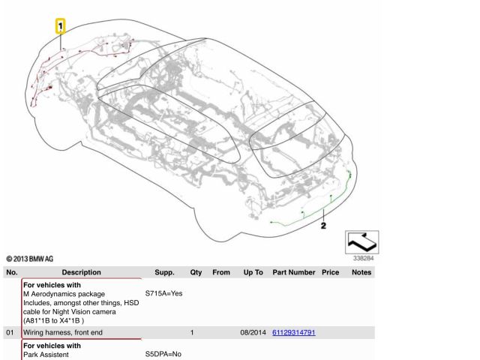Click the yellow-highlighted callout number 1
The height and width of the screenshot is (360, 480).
point(60,26)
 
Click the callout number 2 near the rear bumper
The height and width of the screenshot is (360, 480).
point(323,226)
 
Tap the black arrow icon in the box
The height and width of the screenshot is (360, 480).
point(361,242)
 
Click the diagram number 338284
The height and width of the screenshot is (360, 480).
point(363,258)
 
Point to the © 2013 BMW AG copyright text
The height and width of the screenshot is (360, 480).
point(30,259)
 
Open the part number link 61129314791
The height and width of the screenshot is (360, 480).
point(294,332)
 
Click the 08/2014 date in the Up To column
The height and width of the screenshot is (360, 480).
point(253,332)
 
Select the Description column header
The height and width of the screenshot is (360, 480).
point(82,272)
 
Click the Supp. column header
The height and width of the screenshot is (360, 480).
point(164,272)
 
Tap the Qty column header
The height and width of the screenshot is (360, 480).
point(196,272)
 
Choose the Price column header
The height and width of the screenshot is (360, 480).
point(330,272)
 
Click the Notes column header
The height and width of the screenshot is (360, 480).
point(361,272)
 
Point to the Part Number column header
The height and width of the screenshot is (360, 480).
point(294,272)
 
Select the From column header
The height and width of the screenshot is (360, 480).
point(221,272)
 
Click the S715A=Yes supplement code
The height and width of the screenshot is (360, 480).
point(163,293)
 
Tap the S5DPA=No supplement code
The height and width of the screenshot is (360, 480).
point(163,354)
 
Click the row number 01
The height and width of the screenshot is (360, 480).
point(10,332)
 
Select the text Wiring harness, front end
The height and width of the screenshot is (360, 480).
point(63,332)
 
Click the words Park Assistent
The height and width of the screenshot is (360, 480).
point(46,355)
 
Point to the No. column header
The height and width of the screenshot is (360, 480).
point(12,272)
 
